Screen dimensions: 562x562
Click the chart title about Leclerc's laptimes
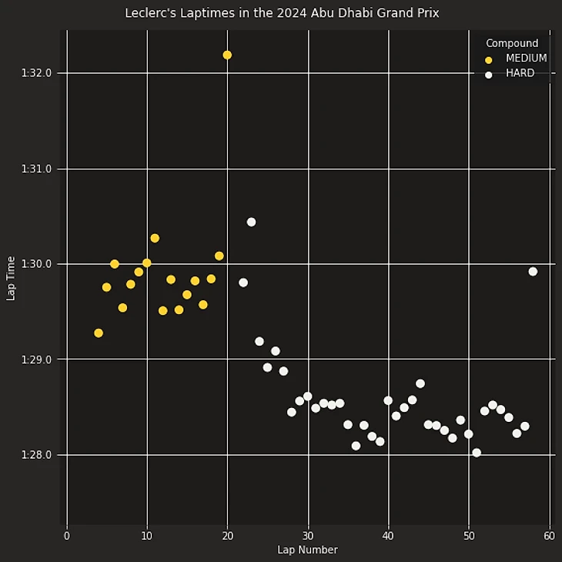[x=282, y=13]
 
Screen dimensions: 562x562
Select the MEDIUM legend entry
[x=526, y=59]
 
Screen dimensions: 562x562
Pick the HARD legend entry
[x=520, y=74]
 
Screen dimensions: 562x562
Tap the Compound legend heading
[x=512, y=43]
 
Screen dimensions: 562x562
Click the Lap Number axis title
[x=307, y=550]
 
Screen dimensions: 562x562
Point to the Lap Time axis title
[x=11, y=278]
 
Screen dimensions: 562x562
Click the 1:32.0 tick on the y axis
[x=37, y=73]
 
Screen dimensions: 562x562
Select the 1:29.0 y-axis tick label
[x=37, y=360]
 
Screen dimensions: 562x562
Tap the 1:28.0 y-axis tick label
[x=37, y=455]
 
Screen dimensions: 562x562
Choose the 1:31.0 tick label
[x=37, y=169]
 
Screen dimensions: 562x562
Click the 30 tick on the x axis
[x=308, y=535]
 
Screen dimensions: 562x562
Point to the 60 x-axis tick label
[x=549, y=535]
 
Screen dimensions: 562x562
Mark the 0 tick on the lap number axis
[x=67, y=535]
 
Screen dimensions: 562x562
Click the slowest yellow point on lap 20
[x=227, y=55]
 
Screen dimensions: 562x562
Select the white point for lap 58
[x=533, y=271]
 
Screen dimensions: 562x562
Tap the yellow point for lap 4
[x=99, y=333]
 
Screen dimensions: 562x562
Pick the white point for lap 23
[x=251, y=222]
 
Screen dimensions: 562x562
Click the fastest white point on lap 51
[x=477, y=453]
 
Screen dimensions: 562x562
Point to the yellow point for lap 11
[x=155, y=238]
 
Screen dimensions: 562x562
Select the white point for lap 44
[x=420, y=383]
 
